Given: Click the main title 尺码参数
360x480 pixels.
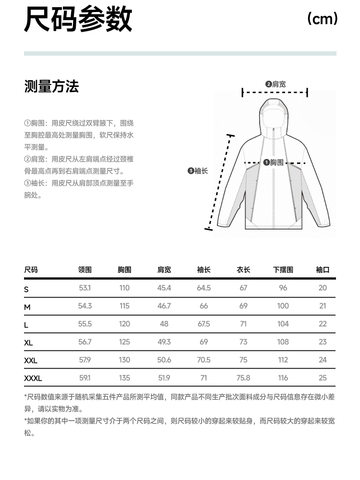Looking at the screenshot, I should click(x=78, y=20).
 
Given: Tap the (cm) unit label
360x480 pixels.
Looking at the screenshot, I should click(x=323, y=19).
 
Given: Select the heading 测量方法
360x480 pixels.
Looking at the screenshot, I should click(x=51, y=87).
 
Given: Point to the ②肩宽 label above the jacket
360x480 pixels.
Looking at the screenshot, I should click(x=276, y=84).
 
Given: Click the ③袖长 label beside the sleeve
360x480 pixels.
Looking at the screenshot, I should click(x=198, y=170).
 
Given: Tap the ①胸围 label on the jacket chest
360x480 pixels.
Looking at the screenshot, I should click(x=274, y=162).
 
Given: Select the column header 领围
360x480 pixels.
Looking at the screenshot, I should click(x=85, y=270).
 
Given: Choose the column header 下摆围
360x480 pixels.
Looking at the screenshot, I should click(x=283, y=270).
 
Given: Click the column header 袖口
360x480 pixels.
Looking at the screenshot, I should click(x=323, y=270).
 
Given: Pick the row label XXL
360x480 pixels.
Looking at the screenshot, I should click(x=31, y=360).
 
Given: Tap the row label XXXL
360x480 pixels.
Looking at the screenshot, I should click(x=33, y=378).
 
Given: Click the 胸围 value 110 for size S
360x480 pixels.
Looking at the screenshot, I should click(x=124, y=288).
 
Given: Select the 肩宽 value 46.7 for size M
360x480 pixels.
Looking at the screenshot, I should click(x=164, y=306).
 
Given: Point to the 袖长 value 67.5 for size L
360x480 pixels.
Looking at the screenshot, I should click(x=204, y=324).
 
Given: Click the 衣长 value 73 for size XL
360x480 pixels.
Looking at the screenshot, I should click(x=243, y=342).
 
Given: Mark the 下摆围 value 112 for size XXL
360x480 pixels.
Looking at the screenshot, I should click(x=283, y=360).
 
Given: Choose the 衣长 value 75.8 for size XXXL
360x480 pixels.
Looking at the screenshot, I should click(x=243, y=378).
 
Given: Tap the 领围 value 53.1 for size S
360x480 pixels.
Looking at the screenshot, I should click(x=85, y=288).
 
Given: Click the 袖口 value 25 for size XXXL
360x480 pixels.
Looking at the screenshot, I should click(x=323, y=378).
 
